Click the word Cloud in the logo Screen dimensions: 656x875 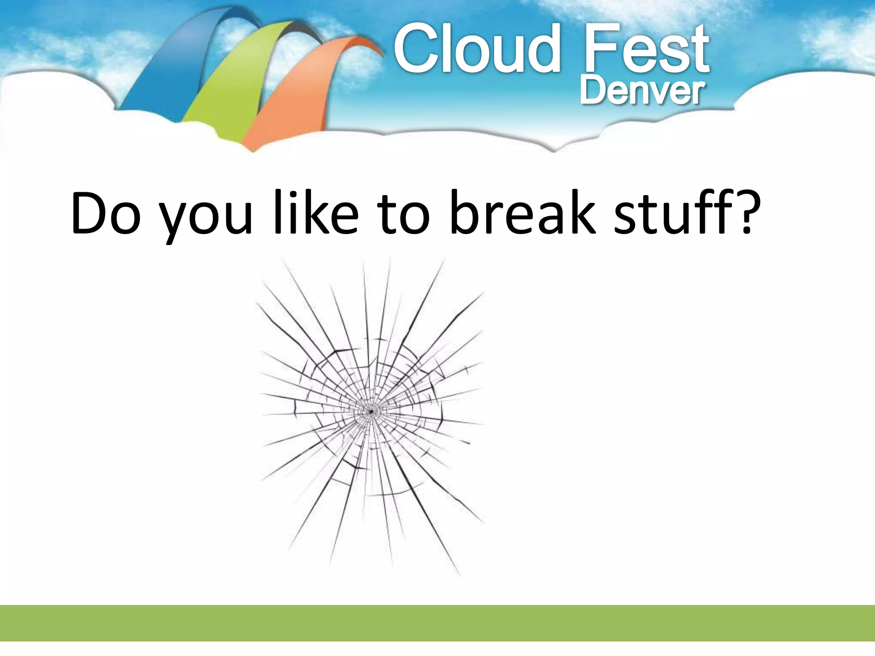[476, 49]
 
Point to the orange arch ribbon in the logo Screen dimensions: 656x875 [295, 98]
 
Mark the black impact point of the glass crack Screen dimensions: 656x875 [371, 412]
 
